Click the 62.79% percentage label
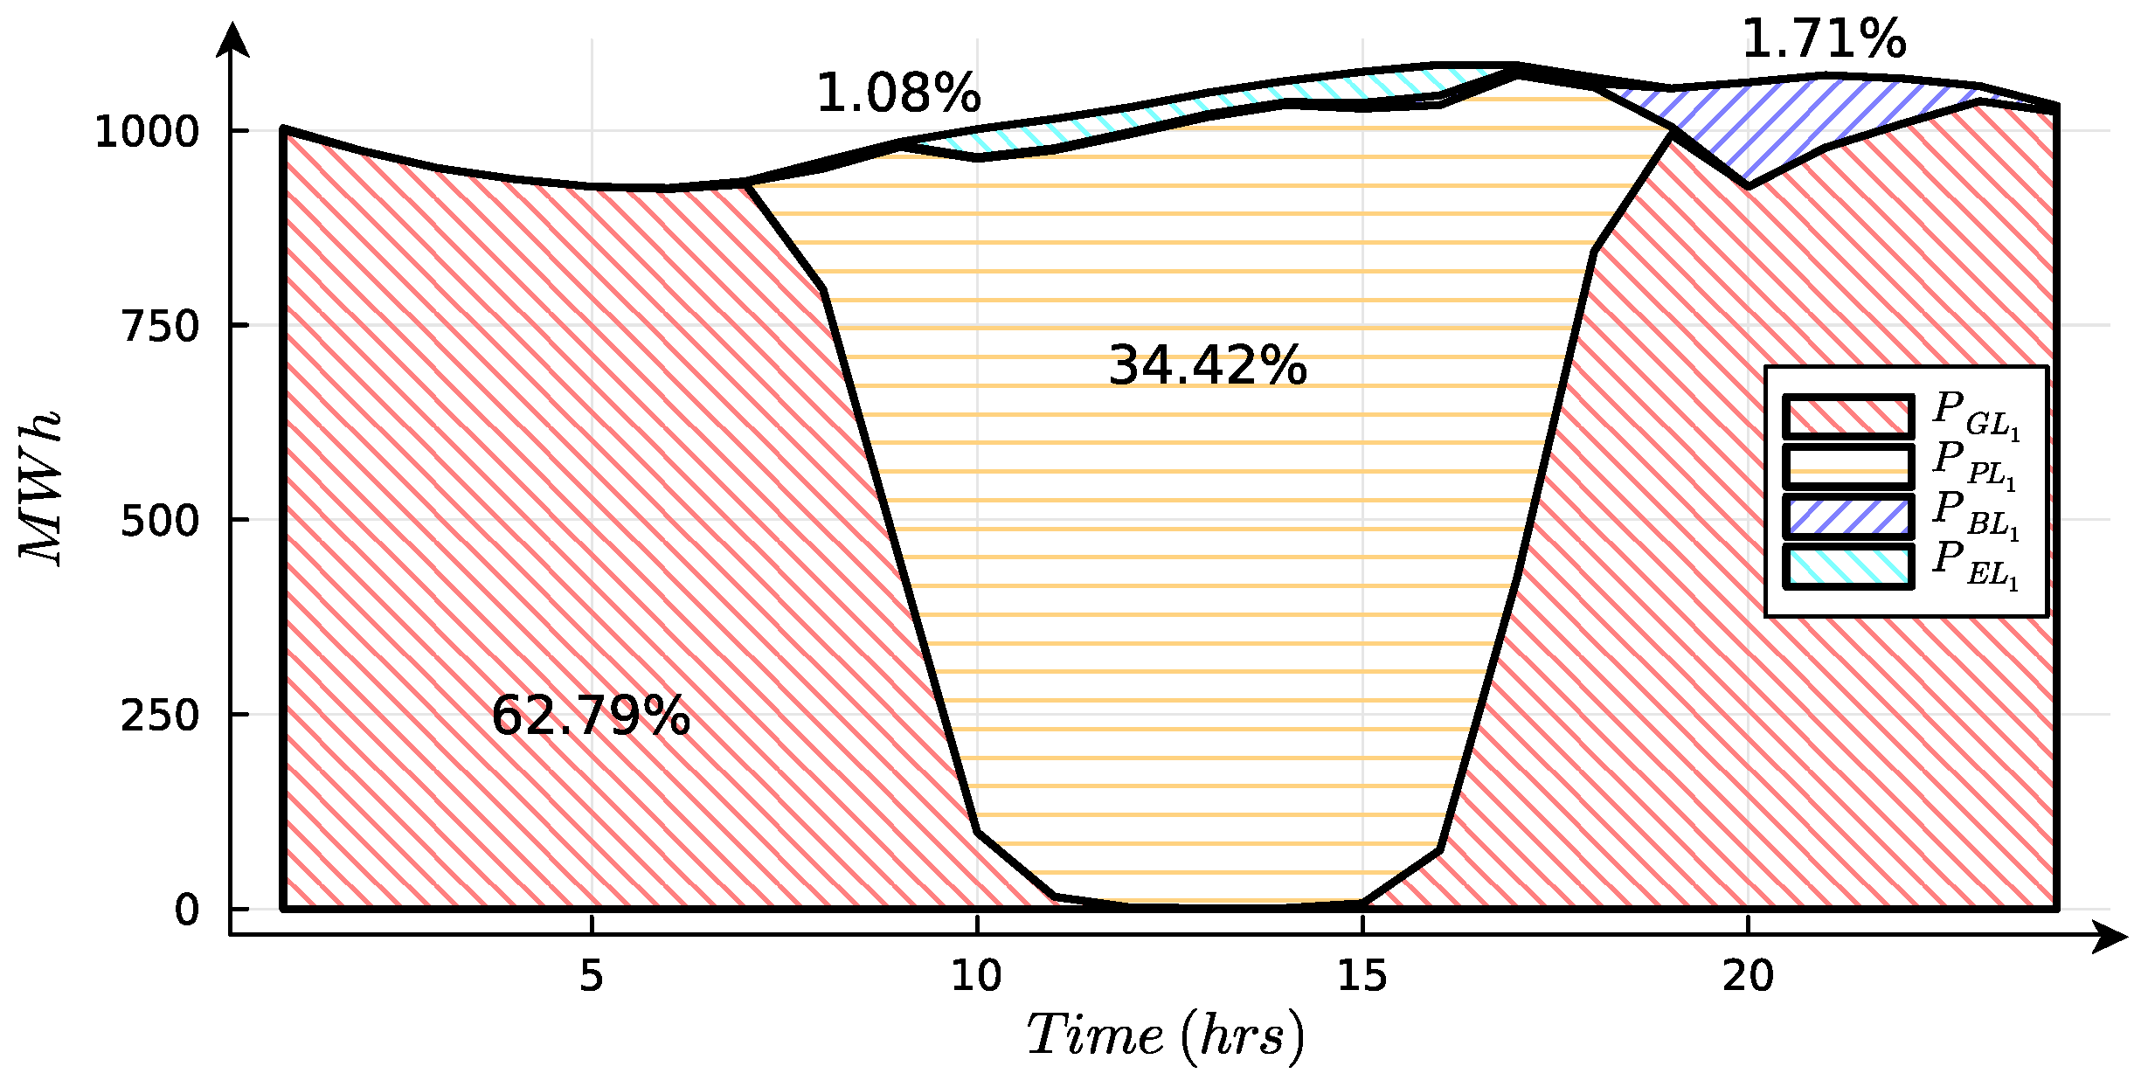coord(591,717)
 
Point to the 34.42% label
coord(1207,365)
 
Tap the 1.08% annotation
coord(898,93)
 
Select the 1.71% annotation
coord(1823,39)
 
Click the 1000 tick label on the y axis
coord(147,133)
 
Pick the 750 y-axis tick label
coord(161,327)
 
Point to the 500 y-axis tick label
coord(161,522)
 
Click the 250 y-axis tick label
coord(161,717)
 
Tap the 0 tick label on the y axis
coord(187,910)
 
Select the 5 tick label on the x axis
coord(592,976)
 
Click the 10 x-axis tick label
coord(976,976)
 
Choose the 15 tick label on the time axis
coord(1362,976)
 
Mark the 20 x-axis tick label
coord(1748,976)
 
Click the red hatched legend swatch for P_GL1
coord(1848,417)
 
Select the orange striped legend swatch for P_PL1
coord(1848,467)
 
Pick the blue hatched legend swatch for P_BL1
coord(1848,516)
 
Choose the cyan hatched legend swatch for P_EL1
coord(1848,566)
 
